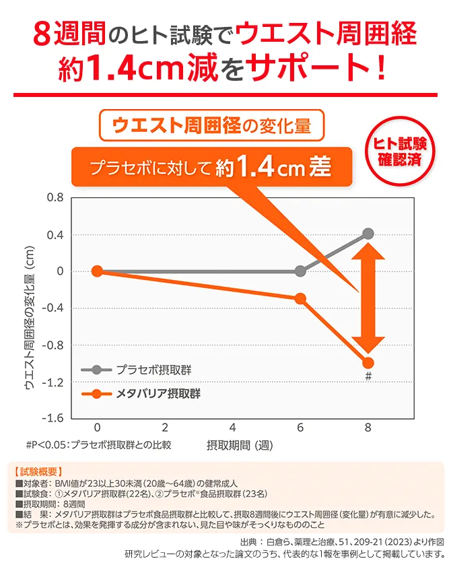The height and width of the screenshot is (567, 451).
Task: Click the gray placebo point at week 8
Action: [x=368, y=234]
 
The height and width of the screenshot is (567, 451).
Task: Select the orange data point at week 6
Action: [x=300, y=298]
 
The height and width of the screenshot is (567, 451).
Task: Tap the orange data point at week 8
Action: [x=368, y=362]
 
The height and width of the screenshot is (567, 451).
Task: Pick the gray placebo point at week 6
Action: [x=300, y=271]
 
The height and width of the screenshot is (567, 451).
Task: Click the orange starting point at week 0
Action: [x=97, y=271]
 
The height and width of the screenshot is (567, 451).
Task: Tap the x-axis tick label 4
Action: [x=232, y=428]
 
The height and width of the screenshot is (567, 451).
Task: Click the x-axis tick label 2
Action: [x=165, y=428]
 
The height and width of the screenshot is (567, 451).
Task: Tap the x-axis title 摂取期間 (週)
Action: [x=239, y=445]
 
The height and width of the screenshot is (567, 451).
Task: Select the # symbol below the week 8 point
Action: [x=368, y=376]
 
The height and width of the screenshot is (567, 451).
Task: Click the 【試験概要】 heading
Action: [x=38, y=471]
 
